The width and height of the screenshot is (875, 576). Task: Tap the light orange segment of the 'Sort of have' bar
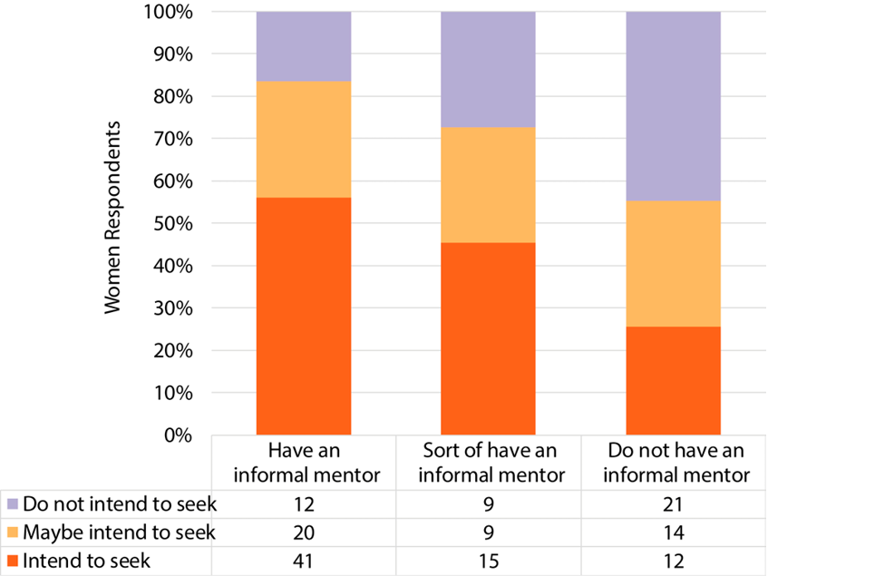coord(488,185)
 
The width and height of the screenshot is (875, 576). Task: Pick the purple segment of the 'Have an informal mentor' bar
coord(304,46)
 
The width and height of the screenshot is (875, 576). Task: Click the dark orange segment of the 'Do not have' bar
coord(673,381)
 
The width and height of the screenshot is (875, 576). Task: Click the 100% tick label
coord(170,12)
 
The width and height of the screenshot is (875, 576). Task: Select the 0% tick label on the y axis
coord(179,435)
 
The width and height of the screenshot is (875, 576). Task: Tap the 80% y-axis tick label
coord(174,96)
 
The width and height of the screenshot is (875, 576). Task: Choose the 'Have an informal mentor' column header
coord(304,463)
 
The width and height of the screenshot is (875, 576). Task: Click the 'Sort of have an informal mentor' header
coord(488,463)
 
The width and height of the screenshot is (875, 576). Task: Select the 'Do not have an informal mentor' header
coord(673,463)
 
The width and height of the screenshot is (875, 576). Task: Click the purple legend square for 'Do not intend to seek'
coord(11,503)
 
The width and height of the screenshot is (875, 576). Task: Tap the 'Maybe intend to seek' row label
coord(119,532)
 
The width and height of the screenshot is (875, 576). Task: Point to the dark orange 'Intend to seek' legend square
coord(11,561)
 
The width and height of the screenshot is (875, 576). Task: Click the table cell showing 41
coord(304,561)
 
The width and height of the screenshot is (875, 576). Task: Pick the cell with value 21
coord(673,503)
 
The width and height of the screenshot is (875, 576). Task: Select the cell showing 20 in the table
coord(304,532)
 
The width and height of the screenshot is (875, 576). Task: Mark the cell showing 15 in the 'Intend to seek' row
coord(488,561)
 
